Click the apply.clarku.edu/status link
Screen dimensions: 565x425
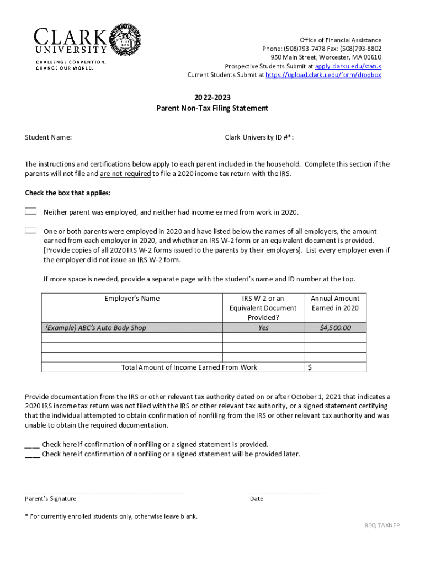pos(348,66)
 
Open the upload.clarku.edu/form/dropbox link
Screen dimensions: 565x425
pos(323,75)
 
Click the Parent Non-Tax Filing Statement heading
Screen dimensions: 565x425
pos(212,108)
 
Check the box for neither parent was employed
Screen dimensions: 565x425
pos(31,211)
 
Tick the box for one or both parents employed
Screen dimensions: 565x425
pos(31,230)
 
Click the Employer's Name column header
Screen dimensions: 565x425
pos(132,299)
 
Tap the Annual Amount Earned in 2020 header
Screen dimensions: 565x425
pos(335,303)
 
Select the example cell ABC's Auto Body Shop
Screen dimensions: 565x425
pos(95,328)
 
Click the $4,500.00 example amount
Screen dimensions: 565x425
pos(335,328)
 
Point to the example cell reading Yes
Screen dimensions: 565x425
pos(263,328)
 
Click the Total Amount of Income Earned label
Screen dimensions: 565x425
pos(189,367)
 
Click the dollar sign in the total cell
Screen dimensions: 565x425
pos(310,367)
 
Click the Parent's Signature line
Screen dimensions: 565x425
pos(104,490)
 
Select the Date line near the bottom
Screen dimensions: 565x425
pos(286,490)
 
